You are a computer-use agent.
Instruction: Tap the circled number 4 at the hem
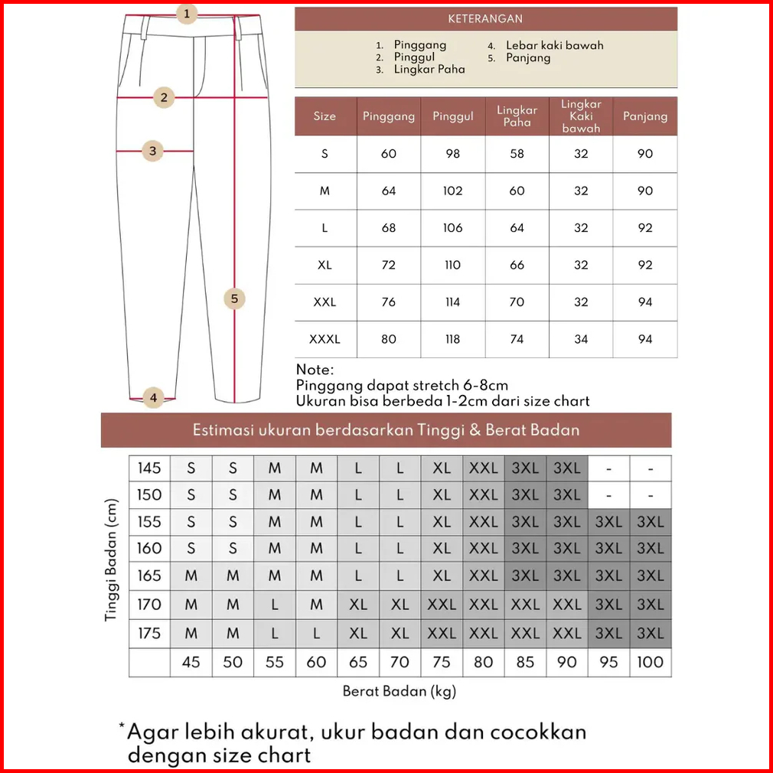coord(153,397)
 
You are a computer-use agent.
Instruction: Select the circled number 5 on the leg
coord(235,298)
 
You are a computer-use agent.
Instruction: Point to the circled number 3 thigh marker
coord(153,151)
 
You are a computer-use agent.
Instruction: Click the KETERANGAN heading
coord(485,18)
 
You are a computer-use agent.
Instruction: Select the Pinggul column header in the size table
coord(452,116)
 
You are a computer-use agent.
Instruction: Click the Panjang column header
coord(644,116)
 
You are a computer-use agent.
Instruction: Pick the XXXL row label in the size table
coord(325,339)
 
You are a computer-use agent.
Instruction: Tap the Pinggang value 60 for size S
coord(389,154)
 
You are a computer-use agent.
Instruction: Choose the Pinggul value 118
coord(452,339)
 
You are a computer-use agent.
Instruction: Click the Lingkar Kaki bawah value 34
coord(581,339)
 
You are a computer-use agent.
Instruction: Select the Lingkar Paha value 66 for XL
coord(517,265)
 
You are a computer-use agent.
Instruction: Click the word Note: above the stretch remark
coord(315,370)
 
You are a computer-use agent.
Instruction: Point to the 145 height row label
coord(149,468)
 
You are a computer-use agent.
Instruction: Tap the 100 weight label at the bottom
coord(650,662)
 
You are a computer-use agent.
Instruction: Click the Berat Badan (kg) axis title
coord(399,691)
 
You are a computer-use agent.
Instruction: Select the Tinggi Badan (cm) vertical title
coord(113,560)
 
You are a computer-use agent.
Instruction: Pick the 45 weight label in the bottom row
coord(191,662)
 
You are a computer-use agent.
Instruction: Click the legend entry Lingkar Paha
coord(429,69)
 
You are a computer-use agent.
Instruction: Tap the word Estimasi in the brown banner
coord(223,429)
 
